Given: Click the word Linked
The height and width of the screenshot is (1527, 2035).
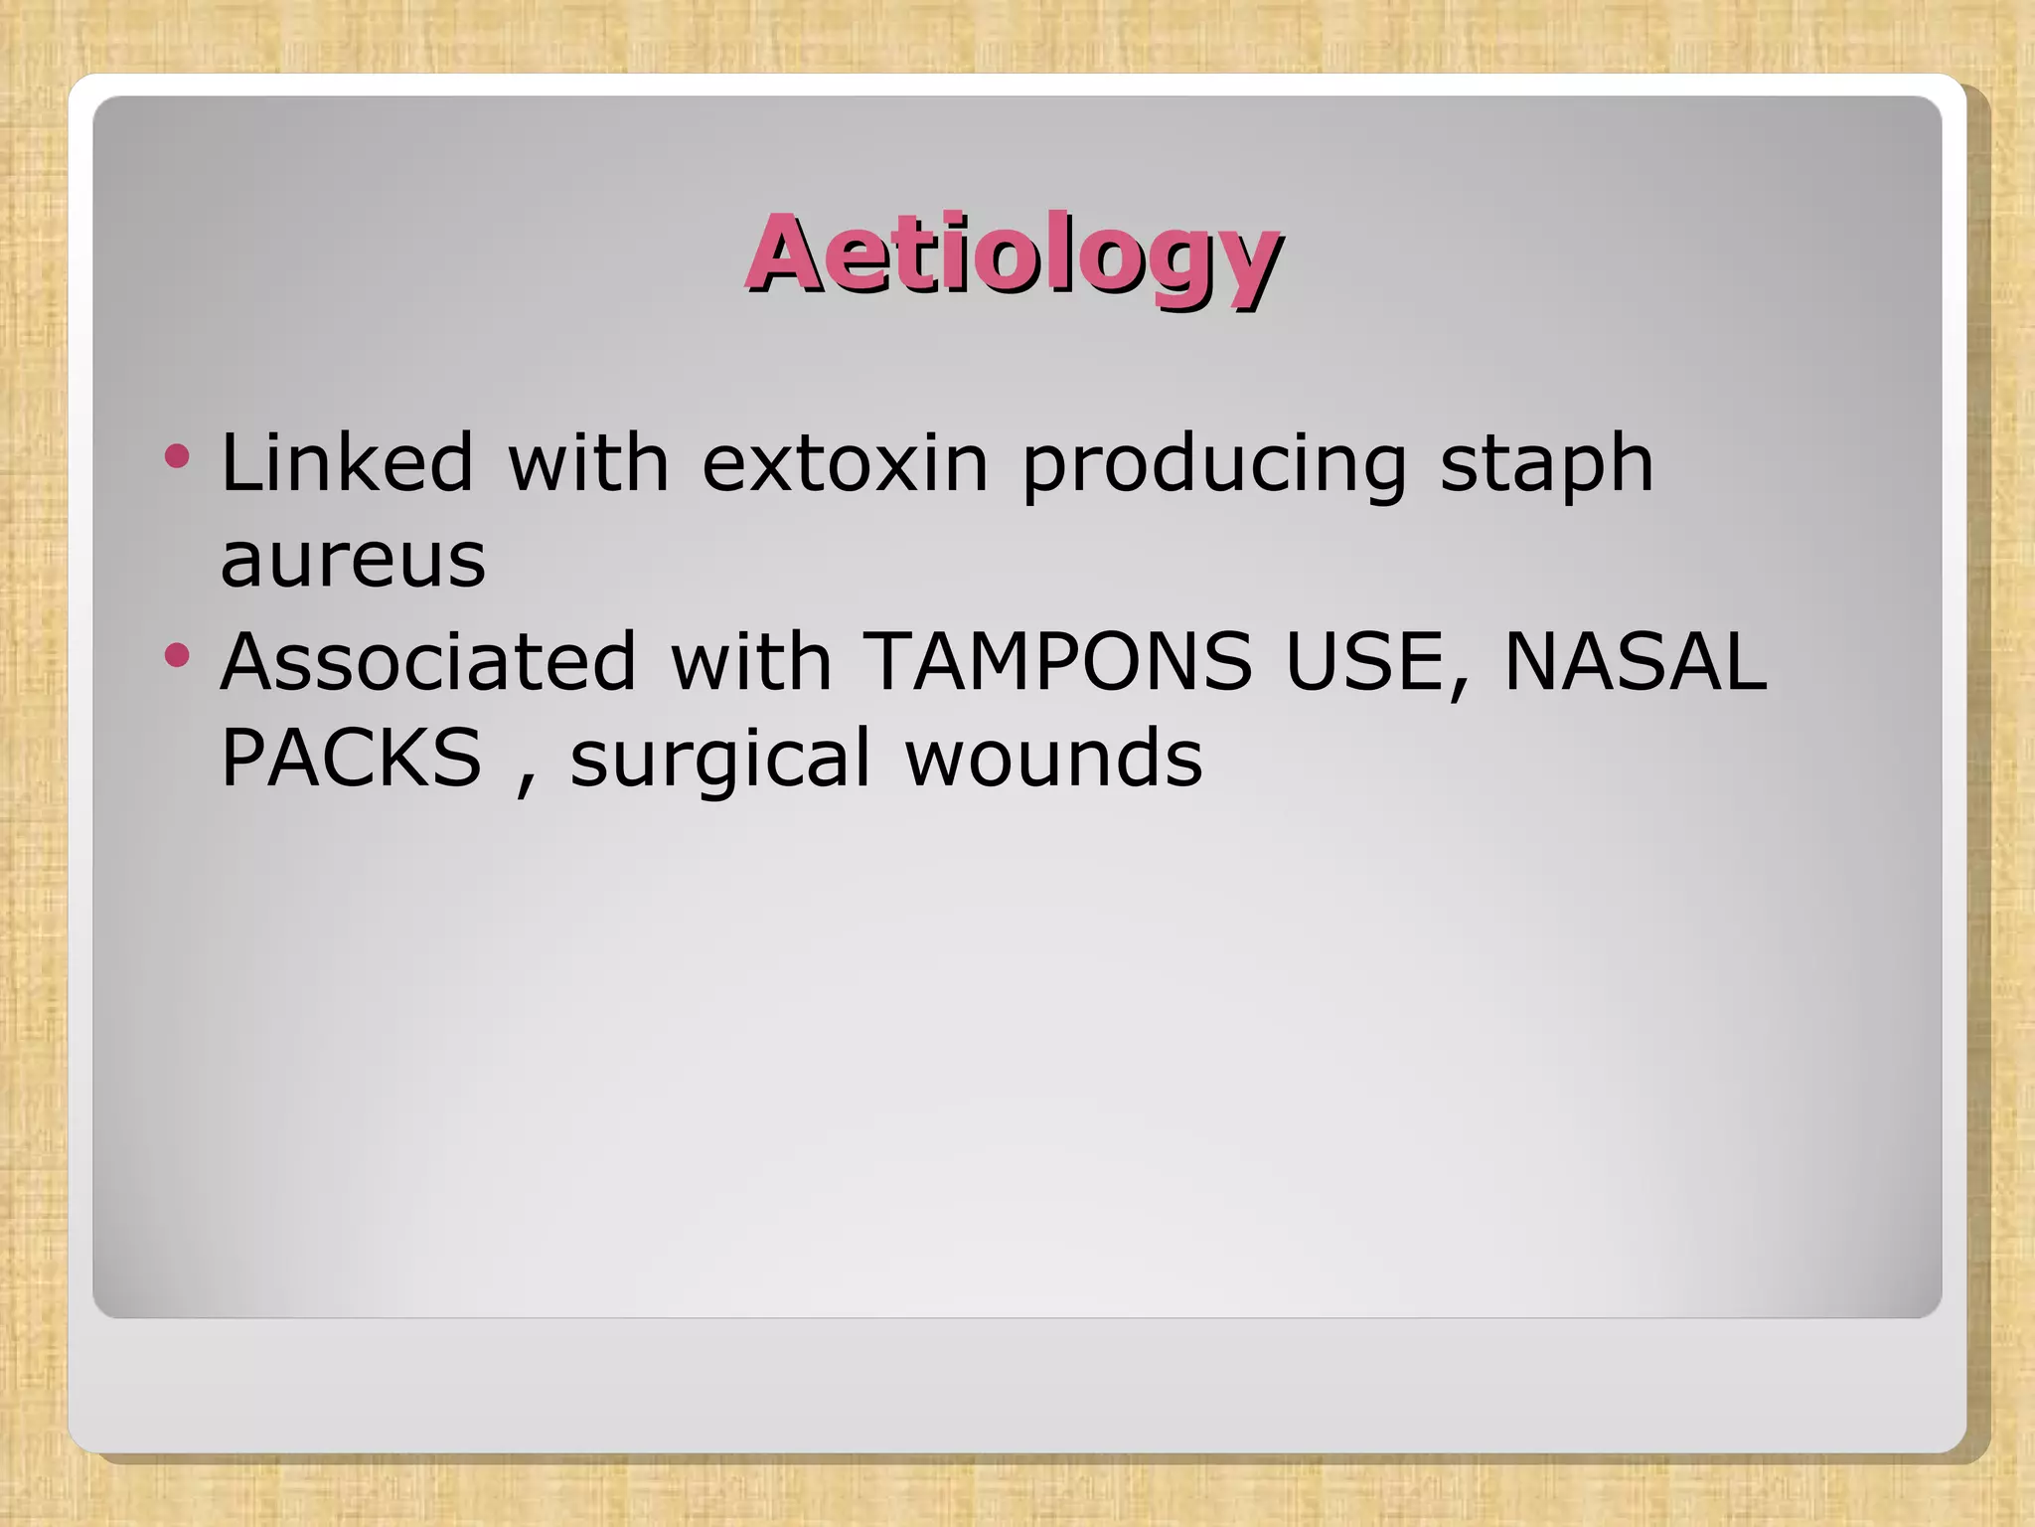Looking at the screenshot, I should click(347, 462).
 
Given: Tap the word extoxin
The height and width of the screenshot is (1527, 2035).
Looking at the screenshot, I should click(845, 462).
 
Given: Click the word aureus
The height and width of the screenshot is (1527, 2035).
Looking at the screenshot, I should click(353, 561).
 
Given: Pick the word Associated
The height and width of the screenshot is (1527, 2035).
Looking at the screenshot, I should click(428, 661).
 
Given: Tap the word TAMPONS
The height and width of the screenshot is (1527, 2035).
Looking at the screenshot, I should click(1058, 661).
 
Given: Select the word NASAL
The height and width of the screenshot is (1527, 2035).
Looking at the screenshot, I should click(1636, 661).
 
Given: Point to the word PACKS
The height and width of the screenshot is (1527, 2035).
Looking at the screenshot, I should click(351, 758).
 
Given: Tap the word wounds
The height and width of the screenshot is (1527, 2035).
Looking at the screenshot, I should click(1053, 758).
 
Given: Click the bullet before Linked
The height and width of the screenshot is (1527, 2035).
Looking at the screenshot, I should click(177, 456).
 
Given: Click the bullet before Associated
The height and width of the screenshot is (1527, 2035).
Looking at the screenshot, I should click(177, 654).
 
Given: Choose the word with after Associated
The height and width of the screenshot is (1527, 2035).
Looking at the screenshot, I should click(750, 661).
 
